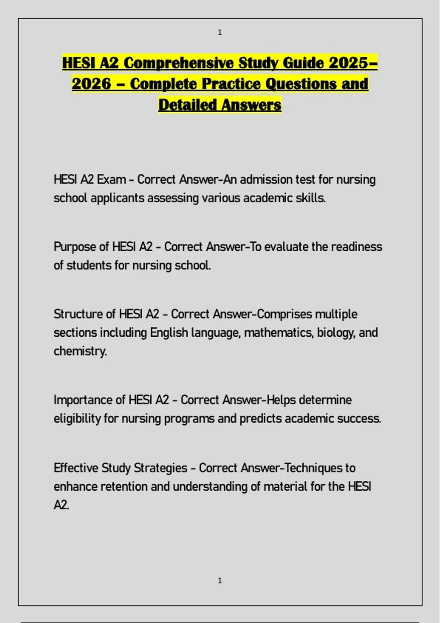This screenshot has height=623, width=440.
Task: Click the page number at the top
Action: [x=220, y=32]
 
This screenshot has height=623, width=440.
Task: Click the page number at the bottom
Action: [x=220, y=580]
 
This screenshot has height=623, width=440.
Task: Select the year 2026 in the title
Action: [x=91, y=84]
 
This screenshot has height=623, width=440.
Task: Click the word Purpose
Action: [x=75, y=247]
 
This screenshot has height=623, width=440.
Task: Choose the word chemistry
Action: [x=80, y=351]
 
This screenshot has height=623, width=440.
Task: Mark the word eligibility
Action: [x=77, y=419]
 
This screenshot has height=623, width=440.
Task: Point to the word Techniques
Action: [x=313, y=468]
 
